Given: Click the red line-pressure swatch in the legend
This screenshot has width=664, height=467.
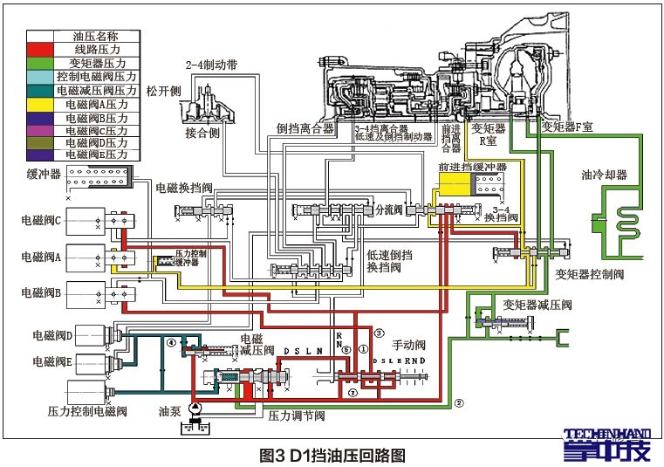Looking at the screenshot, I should (x=40, y=51).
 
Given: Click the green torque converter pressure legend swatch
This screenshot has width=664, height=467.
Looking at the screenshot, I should (x=40, y=64).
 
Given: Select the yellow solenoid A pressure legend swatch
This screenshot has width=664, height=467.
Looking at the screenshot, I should (x=40, y=103).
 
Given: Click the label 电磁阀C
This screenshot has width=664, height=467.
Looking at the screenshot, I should (x=41, y=222).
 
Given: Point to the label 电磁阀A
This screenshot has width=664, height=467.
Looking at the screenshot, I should (x=41, y=258).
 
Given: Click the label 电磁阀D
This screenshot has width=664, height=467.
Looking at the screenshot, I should (x=53, y=334).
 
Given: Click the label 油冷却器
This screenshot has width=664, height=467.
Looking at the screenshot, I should (x=604, y=175).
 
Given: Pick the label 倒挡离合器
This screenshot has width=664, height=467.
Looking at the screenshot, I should (x=305, y=128).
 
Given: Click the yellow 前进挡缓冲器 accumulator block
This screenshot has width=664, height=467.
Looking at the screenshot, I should (x=455, y=186).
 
